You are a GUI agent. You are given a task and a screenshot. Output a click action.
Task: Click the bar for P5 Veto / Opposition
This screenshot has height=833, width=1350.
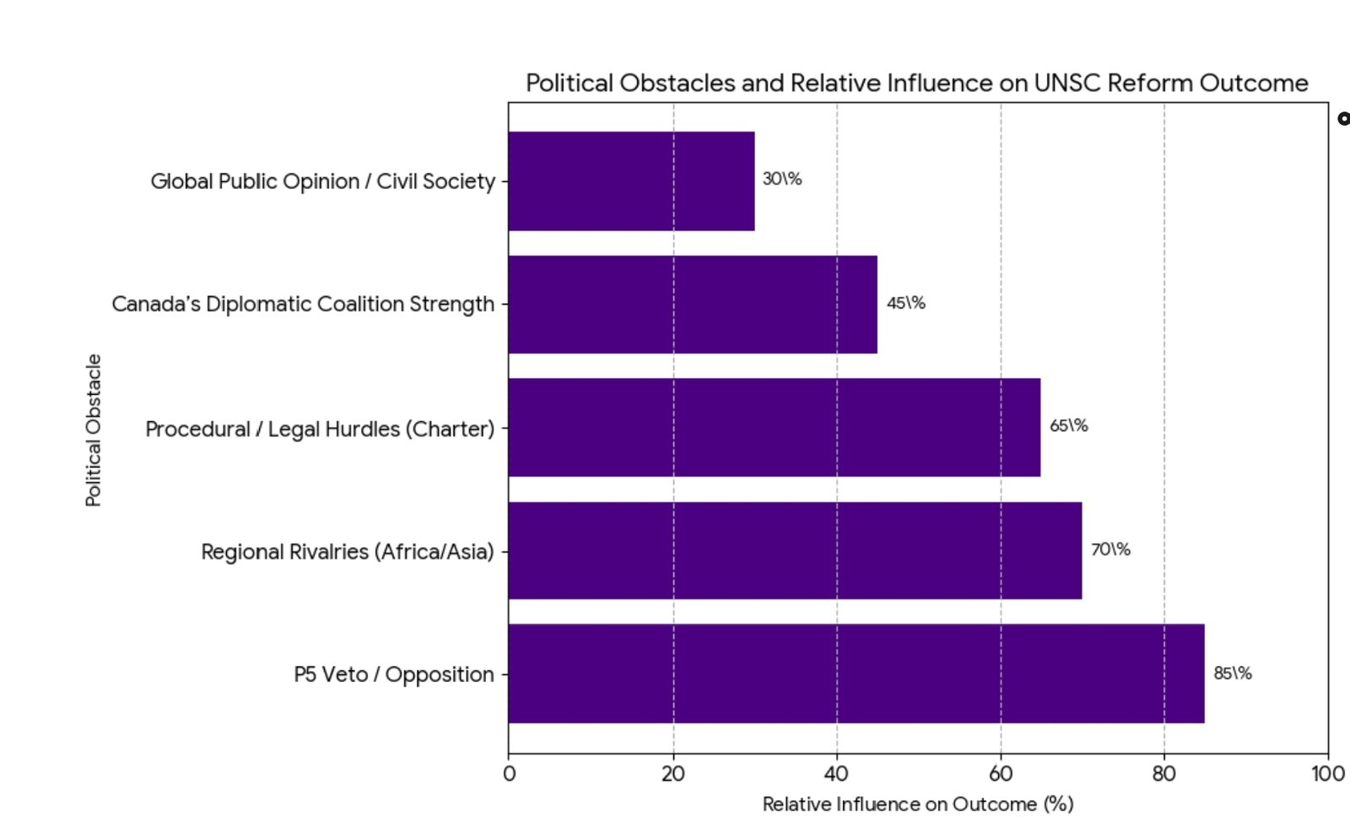(856, 673)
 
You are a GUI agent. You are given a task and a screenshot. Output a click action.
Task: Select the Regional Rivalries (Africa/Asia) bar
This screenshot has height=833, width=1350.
(795, 550)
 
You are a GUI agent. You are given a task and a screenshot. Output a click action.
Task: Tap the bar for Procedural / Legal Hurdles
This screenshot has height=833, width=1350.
(774, 427)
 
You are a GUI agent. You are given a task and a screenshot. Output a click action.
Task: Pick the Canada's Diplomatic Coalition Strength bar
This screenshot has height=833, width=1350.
(692, 304)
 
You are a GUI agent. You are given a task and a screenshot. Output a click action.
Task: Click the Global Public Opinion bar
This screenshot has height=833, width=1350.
(631, 181)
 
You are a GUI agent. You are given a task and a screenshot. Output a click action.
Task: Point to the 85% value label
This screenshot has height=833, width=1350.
(1232, 673)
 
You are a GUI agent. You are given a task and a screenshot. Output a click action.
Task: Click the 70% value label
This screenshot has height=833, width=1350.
(1110, 549)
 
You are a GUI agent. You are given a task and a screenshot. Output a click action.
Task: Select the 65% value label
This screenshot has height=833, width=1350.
(1068, 425)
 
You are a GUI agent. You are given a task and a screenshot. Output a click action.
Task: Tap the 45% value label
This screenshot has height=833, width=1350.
(905, 303)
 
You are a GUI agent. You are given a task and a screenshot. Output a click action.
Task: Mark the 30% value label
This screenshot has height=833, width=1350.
(782, 179)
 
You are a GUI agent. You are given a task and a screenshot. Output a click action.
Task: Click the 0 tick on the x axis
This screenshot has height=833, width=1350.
(509, 774)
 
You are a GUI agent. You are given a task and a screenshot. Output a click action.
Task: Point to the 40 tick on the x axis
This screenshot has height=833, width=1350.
(836, 774)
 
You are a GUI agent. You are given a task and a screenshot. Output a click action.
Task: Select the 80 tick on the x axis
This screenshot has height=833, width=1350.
(1164, 774)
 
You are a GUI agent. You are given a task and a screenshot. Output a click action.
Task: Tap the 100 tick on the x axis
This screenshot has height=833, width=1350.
(1327, 774)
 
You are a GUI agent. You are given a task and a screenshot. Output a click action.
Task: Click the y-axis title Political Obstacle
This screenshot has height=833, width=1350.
(94, 430)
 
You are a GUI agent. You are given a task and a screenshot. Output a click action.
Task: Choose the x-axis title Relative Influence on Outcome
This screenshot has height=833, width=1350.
(917, 804)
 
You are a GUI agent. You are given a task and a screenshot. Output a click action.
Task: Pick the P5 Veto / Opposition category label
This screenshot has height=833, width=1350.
(393, 674)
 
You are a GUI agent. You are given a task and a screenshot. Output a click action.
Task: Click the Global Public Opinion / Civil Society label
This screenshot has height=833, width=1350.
(322, 181)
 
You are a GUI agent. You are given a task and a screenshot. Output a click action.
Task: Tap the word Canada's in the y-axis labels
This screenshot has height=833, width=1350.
(156, 304)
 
